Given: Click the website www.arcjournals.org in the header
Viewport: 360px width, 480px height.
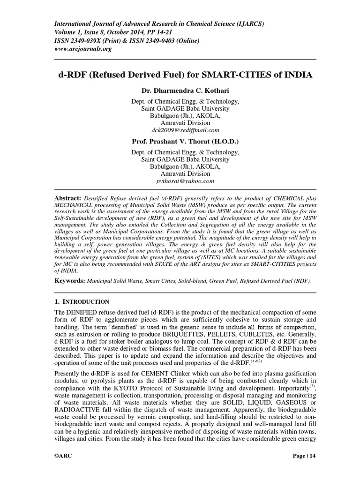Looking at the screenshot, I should [83, 49].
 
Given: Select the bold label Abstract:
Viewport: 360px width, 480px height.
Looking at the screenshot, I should [68, 199].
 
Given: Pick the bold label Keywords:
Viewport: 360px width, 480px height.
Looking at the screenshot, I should [70, 280].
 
